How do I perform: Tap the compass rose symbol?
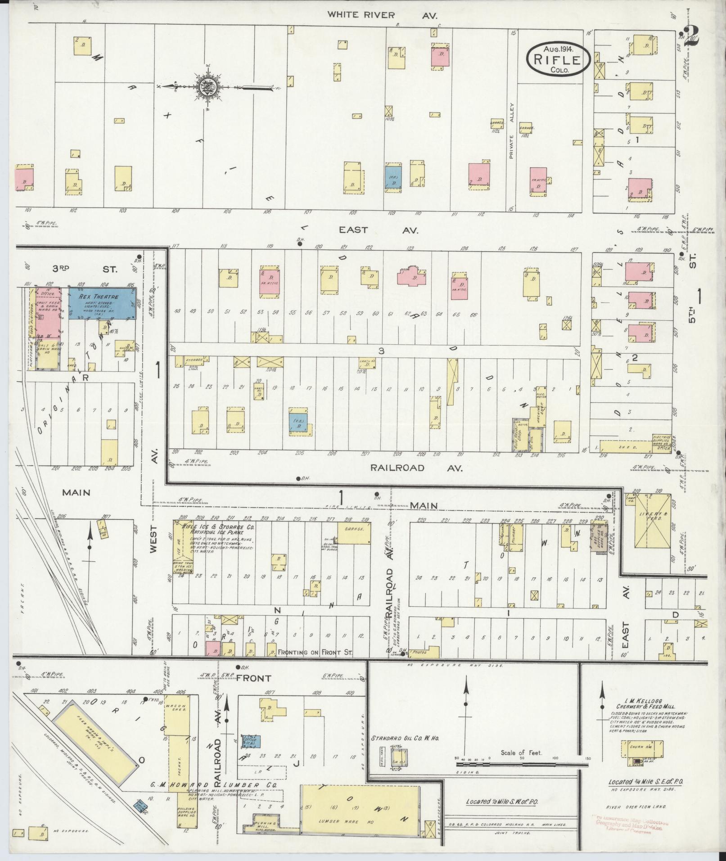[208, 86]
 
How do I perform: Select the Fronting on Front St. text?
[316, 652]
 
